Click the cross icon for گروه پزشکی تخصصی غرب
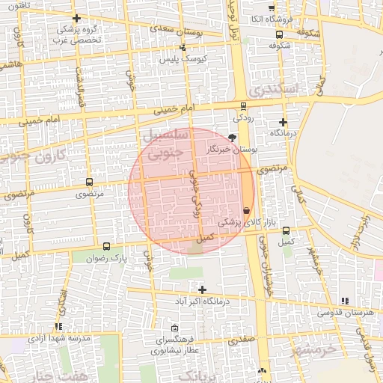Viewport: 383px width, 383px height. coord(76,18)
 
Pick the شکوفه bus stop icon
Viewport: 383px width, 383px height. coord(279,34)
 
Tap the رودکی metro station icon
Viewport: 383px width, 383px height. coord(243,106)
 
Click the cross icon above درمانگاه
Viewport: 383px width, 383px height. coord(283,122)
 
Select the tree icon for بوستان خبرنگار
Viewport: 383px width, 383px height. coord(231,138)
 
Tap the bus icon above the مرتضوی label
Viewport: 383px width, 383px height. coord(90,182)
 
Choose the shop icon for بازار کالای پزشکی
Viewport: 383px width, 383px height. coord(247,211)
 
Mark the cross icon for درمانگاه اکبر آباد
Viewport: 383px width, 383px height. coord(202,289)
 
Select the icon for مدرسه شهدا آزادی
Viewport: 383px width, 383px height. coord(58,326)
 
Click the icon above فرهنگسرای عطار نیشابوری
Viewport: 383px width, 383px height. coord(174,328)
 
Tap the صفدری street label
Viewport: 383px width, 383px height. coord(243,340)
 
